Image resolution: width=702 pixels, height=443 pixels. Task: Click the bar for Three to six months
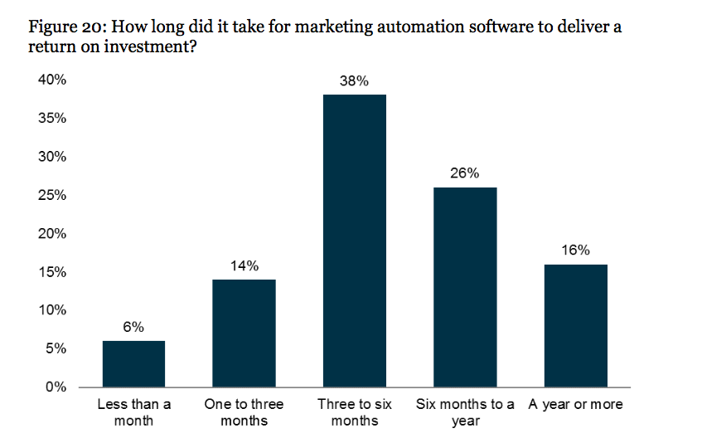355,241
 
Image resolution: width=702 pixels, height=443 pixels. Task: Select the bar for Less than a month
133,363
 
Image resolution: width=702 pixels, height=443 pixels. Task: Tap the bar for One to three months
244,333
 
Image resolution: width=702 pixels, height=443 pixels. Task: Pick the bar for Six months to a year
465,287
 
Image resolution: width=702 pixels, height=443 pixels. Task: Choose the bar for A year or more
575,325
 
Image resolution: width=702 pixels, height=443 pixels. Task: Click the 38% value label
355,81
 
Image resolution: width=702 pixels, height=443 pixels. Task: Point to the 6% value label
133,328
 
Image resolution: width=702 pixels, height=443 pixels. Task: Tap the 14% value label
244,266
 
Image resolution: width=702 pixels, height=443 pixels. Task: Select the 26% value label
465,174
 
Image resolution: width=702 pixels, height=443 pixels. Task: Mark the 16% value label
575,251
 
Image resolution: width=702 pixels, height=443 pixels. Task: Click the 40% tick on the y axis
51,80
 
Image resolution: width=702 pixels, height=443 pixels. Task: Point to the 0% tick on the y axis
55,387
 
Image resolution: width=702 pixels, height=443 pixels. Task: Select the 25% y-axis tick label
51,196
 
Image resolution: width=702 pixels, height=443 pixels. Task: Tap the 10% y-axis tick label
51,310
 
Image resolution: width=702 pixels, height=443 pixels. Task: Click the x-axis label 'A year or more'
575,405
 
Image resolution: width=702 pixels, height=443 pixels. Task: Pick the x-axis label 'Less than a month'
133,412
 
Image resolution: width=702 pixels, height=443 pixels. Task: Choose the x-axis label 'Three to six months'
355,412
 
